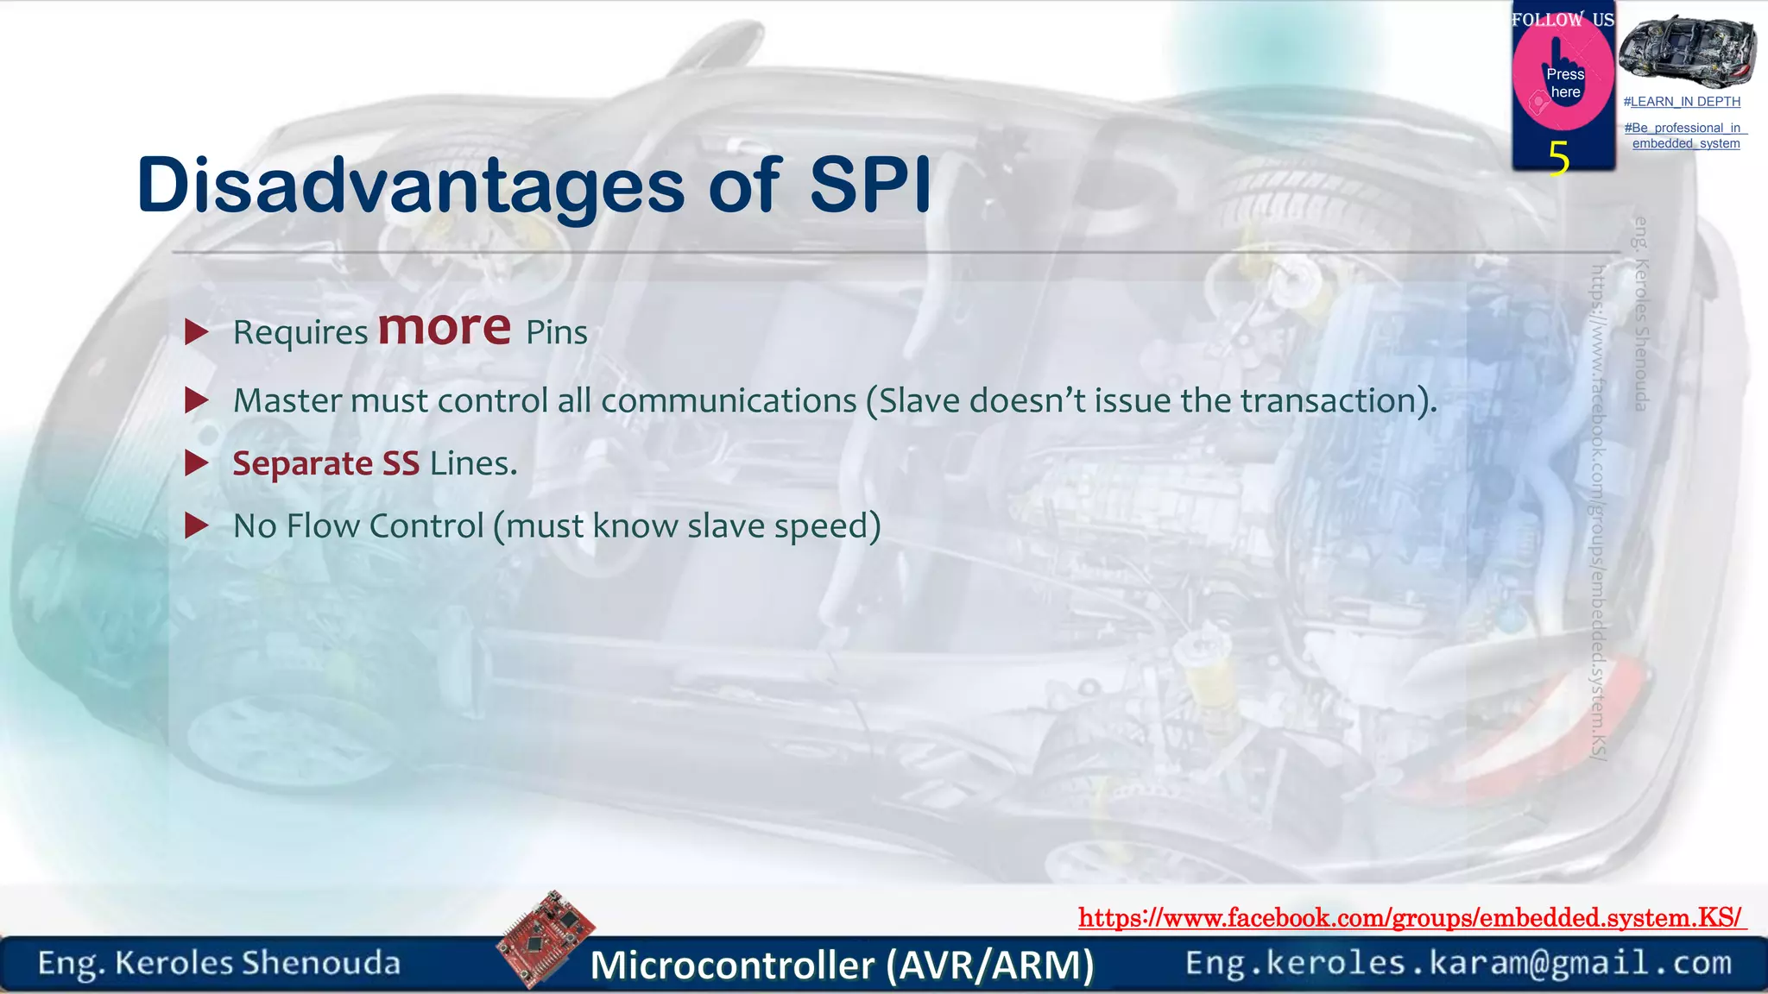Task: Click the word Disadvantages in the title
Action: coord(411,186)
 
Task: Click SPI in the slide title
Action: coord(870,186)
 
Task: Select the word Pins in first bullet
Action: coord(557,333)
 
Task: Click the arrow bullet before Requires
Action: coord(198,332)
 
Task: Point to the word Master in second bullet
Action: coord(287,400)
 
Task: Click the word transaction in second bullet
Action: coord(1329,400)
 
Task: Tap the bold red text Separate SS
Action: coord(326,463)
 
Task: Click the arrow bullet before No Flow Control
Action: coord(198,525)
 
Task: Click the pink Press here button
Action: coord(1563,83)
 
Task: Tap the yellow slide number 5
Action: coord(1558,159)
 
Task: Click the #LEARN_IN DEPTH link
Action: coord(1682,102)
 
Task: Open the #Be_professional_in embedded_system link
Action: coord(1685,135)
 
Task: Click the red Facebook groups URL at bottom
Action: coord(1411,918)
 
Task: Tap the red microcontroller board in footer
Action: coord(545,939)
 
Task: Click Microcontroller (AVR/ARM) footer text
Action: coord(842,965)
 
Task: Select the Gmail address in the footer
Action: coord(1458,963)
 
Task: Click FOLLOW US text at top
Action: coord(1563,19)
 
